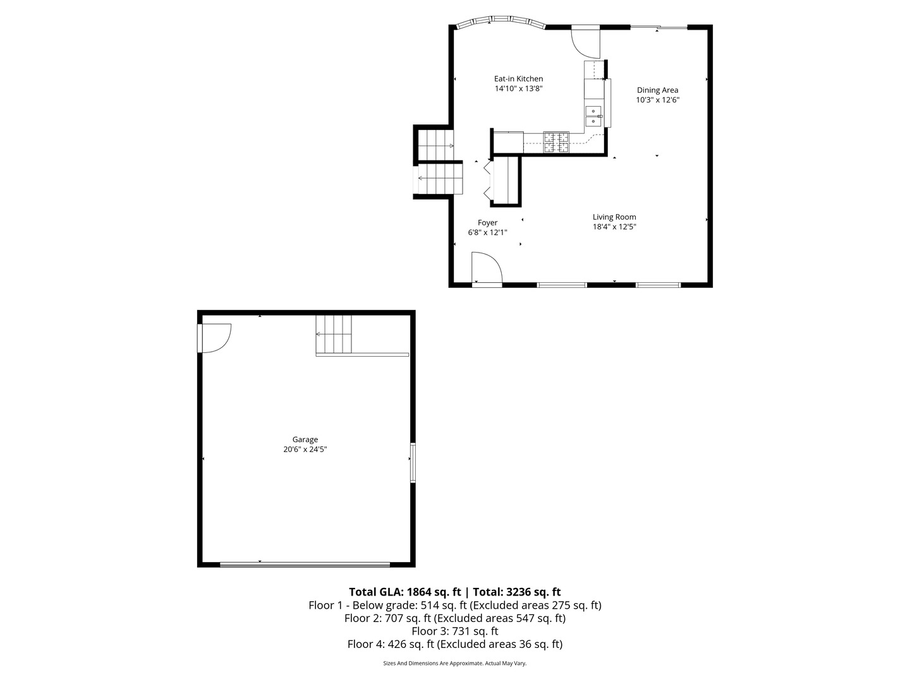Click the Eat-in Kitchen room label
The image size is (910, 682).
point(518,79)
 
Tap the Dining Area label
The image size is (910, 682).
point(657,90)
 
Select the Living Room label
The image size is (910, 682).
point(614,217)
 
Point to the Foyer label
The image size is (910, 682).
point(487,223)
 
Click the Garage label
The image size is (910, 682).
point(305,440)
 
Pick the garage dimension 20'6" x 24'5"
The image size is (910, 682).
point(305,450)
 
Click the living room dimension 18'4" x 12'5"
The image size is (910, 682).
point(614,227)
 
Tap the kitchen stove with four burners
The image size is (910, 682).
point(556,142)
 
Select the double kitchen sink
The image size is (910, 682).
point(593,116)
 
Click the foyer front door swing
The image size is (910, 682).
point(485,268)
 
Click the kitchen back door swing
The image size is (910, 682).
point(585,41)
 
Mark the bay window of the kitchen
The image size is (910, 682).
point(500,23)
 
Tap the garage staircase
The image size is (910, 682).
point(334,334)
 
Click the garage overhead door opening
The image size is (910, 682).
point(305,565)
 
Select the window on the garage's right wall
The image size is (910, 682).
point(413,463)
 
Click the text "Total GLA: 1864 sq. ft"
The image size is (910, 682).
point(404,592)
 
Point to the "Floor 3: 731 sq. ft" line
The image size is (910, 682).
point(455,631)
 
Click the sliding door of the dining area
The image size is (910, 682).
point(659,27)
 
